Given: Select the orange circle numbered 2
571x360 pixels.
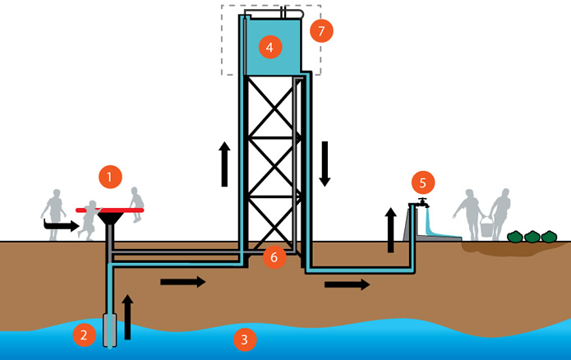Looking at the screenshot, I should (83, 335).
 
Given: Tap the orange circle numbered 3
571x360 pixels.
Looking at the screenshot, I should (242, 338).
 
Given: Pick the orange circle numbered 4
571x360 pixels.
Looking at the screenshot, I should (269, 47).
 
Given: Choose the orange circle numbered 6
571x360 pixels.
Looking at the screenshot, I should (274, 256).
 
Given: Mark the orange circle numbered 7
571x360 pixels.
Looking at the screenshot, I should (321, 31).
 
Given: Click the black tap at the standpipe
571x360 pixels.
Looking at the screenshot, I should (421, 202).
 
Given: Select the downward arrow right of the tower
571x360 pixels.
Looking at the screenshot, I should (325, 164).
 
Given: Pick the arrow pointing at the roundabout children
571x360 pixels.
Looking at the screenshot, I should (57, 223).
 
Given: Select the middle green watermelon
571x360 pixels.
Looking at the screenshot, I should (532, 237).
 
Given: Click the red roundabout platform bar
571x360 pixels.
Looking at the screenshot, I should (109, 210).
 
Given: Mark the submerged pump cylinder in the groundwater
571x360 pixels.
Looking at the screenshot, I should (108, 330).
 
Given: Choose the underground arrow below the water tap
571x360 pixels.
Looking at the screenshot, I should (346, 284).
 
